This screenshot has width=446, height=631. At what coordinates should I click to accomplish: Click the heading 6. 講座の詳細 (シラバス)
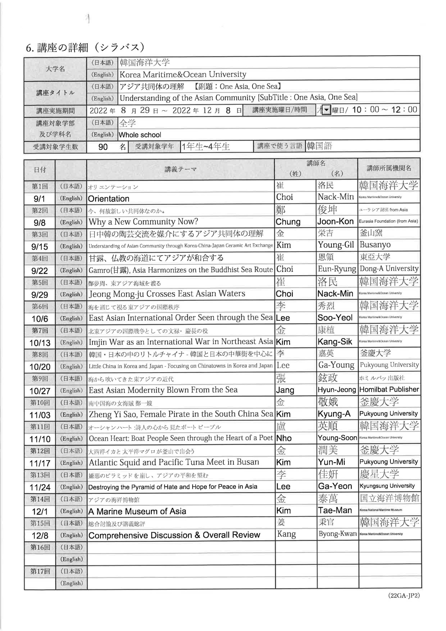[x=85, y=48]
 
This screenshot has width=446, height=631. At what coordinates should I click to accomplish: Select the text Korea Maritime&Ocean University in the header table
[x=183, y=74]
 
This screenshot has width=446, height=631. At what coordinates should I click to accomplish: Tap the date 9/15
[x=40, y=246]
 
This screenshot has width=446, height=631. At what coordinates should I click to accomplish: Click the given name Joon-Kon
[x=335, y=222]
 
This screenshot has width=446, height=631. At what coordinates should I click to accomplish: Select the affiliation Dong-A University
[x=389, y=268]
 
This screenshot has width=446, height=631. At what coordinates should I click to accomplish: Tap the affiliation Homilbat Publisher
[x=389, y=389]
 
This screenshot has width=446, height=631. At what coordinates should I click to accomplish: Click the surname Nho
[x=284, y=438]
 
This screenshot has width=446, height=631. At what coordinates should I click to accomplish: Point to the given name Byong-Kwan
[x=338, y=534]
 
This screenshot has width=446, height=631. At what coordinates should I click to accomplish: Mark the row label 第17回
[x=40, y=571]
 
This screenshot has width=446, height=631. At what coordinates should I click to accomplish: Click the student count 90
[x=103, y=147]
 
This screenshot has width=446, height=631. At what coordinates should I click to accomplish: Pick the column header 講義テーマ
[x=181, y=169]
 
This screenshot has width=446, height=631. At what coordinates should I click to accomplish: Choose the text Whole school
[x=140, y=135]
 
